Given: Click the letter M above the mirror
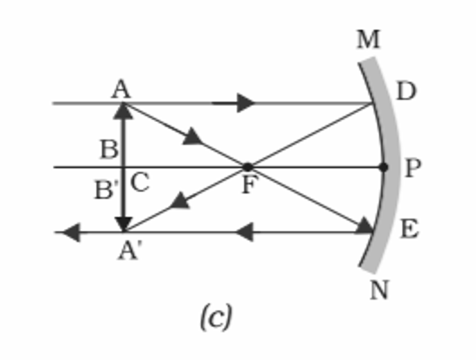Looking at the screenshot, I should (x=368, y=40).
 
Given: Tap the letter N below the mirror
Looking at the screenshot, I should (x=379, y=289).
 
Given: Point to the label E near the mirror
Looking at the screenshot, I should (x=409, y=229).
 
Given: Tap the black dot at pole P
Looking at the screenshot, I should (x=384, y=167).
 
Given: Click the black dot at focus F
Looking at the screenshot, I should (x=247, y=166).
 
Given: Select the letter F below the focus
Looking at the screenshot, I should (x=247, y=186).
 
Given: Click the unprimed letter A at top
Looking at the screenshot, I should (x=122, y=89).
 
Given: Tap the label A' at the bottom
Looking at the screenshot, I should (x=130, y=250).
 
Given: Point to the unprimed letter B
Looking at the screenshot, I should (x=108, y=148).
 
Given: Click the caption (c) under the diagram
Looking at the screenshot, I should (x=215, y=318).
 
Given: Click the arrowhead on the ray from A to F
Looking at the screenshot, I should (x=193, y=137).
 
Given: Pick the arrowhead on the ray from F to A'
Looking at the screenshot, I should (x=180, y=201).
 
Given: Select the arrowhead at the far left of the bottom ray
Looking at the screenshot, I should (x=70, y=232).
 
